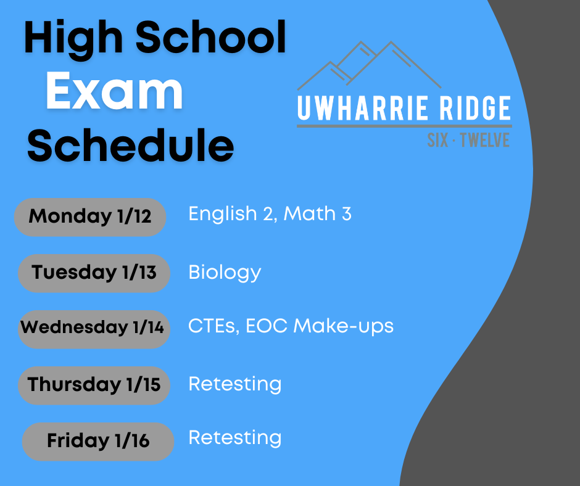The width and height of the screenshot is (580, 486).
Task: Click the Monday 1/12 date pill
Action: [90, 217]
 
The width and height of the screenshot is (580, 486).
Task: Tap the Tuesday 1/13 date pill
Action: [94, 273]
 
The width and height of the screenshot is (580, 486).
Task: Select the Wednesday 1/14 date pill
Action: [94, 329]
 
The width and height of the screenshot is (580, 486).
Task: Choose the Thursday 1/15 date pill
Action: [94, 385]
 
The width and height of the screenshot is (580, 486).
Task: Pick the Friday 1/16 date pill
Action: [98, 442]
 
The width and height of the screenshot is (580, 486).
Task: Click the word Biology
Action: [225, 273]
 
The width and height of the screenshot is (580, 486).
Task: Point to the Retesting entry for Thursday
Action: [235, 384]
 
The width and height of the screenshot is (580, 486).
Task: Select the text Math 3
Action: [317, 213]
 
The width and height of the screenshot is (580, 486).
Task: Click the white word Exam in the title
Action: [114, 91]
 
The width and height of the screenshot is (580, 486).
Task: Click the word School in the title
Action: [211, 36]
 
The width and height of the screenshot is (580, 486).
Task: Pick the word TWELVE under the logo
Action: [485, 140]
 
